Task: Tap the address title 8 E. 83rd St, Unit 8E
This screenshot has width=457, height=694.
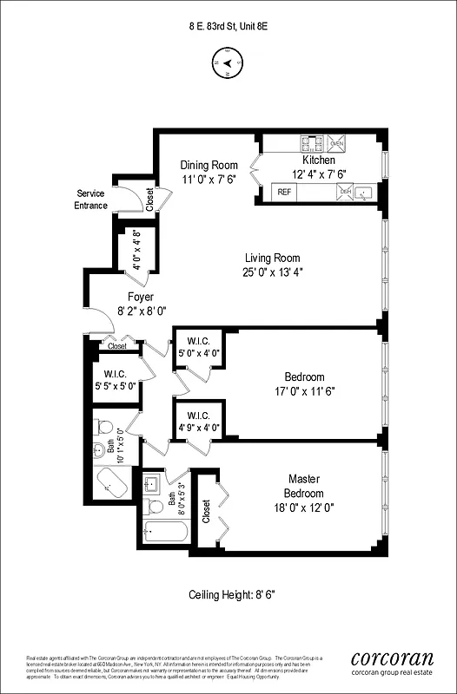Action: pyautogui.click(x=228, y=26)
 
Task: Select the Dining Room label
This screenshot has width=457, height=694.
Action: pyautogui.click(x=209, y=165)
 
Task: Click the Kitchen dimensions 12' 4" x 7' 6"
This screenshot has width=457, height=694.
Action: pyautogui.click(x=318, y=173)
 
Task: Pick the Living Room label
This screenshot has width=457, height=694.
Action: pyautogui.click(x=272, y=258)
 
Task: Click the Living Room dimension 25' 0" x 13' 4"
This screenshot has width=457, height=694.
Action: pyautogui.click(x=272, y=272)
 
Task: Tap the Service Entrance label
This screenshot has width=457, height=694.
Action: pyautogui.click(x=92, y=199)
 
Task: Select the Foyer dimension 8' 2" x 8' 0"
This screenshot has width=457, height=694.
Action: pyautogui.click(x=141, y=310)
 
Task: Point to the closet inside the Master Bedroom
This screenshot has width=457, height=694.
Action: pyautogui.click(x=206, y=511)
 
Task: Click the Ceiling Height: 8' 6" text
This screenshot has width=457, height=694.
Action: pyautogui.click(x=228, y=595)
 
